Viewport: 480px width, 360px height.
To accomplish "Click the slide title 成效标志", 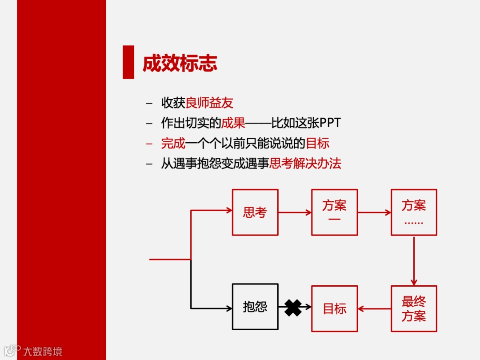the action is [x=180, y=64].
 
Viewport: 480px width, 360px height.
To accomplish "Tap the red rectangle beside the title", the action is [x=128, y=62].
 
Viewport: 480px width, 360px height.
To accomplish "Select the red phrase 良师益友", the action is [x=209, y=103].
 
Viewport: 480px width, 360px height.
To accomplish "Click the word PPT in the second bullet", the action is [x=330, y=123].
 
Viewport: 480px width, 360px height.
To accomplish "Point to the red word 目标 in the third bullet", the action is [x=318, y=144].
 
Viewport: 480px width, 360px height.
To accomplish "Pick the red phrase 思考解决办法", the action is [x=305, y=164].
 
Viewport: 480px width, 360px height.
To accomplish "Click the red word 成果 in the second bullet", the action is [x=233, y=123].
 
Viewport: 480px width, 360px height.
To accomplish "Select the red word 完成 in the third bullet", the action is [x=173, y=144].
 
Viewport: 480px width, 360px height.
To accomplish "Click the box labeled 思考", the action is [x=255, y=212].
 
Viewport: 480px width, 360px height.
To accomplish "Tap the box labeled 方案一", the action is [x=334, y=212].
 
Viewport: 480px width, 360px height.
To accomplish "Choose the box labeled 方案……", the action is [x=414, y=212].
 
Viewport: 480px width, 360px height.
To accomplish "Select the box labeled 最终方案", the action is [x=414, y=308].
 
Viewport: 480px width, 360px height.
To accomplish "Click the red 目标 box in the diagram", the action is [x=334, y=308].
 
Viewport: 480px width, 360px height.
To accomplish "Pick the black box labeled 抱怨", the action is [x=255, y=307].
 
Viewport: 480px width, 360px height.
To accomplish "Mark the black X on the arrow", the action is [x=293, y=308].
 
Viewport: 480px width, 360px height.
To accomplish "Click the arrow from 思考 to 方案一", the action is [x=295, y=212].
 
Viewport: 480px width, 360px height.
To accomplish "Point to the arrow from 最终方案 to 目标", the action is [x=374, y=308].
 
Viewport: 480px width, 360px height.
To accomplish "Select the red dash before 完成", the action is [x=149, y=144].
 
